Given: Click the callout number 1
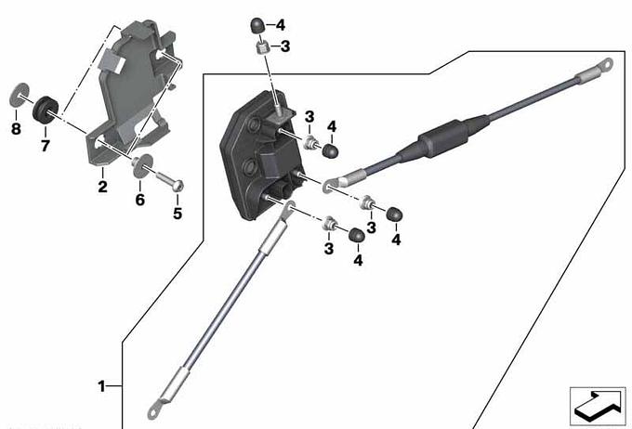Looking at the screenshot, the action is click(101, 386).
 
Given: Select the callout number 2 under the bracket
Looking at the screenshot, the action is click(103, 187).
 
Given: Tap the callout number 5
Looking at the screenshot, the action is click(178, 213).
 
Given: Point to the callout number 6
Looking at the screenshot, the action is click(139, 200).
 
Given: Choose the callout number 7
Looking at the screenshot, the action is click(46, 145).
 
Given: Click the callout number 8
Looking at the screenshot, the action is click(16, 129).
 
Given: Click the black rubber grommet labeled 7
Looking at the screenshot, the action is click(46, 109).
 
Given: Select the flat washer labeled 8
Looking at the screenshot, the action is click(19, 96).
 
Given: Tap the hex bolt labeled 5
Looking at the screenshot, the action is click(169, 181).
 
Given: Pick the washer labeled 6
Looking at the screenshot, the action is click(143, 165).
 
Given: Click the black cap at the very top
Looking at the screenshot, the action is click(257, 26).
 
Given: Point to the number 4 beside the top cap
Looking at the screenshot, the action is click(281, 25).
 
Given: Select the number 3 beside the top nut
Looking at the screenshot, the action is click(285, 46).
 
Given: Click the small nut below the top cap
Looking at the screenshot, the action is click(262, 48).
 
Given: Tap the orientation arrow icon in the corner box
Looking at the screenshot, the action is click(598, 405).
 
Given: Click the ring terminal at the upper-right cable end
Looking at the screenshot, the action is click(605, 64).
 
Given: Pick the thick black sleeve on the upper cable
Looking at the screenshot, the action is click(442, 138).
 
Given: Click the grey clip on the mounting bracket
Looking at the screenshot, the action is click(112, 60).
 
